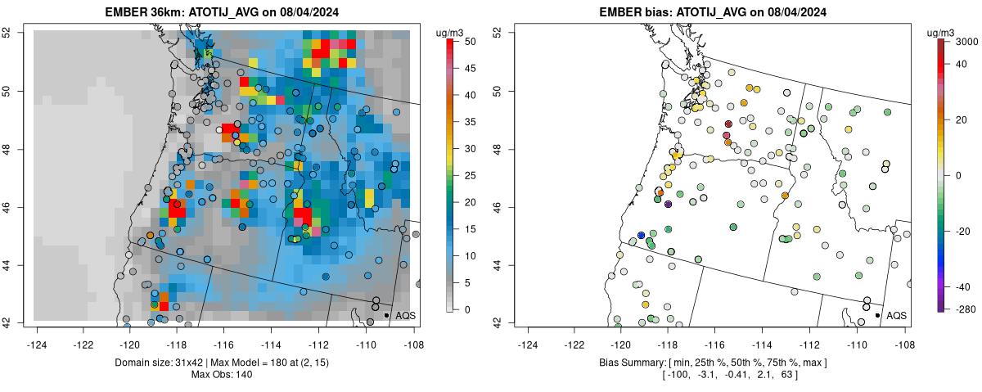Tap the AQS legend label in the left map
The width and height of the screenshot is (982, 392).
point(404,315)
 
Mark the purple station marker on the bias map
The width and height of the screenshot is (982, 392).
point(668,204)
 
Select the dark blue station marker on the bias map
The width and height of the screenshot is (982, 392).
point(641,235)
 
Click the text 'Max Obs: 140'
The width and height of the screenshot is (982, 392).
point(222,375)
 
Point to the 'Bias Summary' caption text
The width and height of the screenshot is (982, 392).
point(633,362)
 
